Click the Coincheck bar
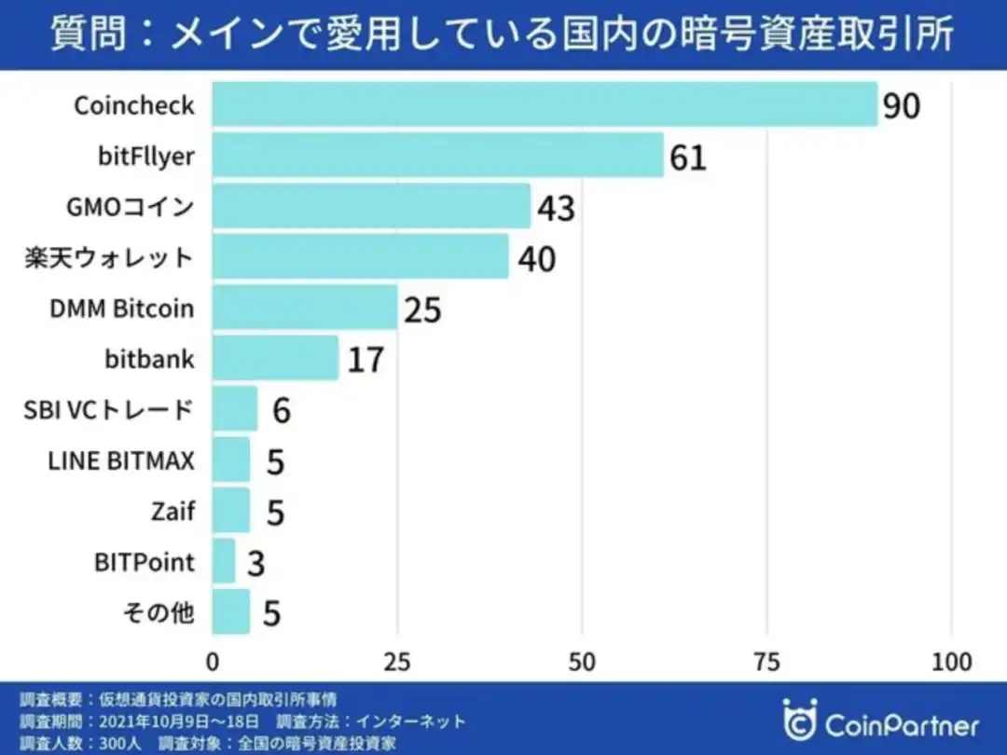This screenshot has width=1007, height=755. tap(545, 104)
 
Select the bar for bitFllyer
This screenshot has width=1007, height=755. tap(437, 155)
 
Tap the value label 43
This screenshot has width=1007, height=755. tap(556, 208)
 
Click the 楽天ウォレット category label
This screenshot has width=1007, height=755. tap(109, 257)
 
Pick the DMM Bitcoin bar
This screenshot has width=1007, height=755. tap(305, 308)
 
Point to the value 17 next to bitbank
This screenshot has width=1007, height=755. tap(366, 360)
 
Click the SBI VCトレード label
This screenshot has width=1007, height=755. tap(109, 409)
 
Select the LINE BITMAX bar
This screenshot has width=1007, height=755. tap(231, 460)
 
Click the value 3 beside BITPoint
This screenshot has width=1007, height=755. tap(255, 563)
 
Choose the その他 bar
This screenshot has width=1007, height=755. tap(231, 611)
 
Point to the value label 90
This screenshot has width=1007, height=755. tap(902, 106)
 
